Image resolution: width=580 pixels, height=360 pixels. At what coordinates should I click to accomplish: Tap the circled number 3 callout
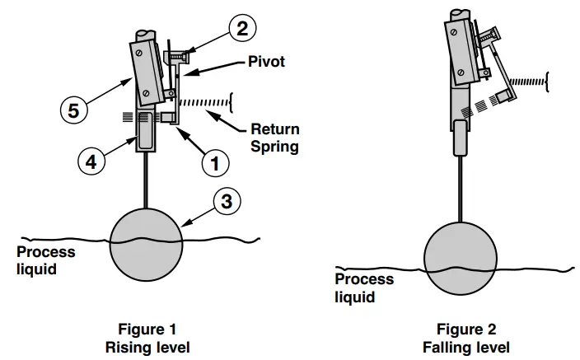(x=227, y=199)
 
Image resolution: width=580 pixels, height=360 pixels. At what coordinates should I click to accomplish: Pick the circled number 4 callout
(x=91, y=162)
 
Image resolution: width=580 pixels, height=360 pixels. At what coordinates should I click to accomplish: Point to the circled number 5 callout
(x=73, y=110)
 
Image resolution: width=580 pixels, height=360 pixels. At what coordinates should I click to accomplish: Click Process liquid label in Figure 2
(x=363, y=288)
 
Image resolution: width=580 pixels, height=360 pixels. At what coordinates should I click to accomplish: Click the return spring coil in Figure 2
(x=528, y=82)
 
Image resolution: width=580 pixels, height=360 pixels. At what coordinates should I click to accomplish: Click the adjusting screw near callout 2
(x=178, y=56)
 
